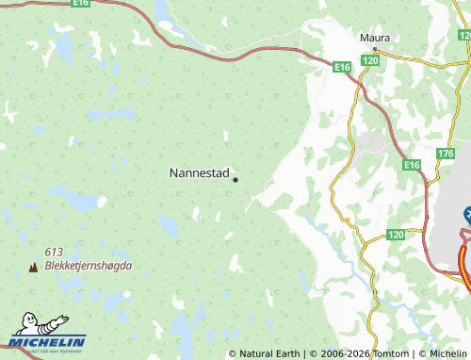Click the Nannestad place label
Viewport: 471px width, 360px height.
199,173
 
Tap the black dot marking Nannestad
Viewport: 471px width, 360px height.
235,180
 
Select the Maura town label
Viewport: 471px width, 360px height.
375,38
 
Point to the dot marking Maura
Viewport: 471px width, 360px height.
375,48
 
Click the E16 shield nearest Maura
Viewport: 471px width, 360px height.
342,68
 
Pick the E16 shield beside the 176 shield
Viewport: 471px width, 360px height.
412,165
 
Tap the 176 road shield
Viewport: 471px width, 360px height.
446,153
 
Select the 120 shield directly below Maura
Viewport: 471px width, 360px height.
370,60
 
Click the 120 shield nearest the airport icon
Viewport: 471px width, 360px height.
396,234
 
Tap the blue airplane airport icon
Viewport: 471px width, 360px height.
467,215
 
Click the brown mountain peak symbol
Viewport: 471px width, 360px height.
34,267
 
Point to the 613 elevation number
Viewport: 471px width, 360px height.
54,252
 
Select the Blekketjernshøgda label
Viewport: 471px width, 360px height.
88,266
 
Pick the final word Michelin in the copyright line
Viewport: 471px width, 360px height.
447,353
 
